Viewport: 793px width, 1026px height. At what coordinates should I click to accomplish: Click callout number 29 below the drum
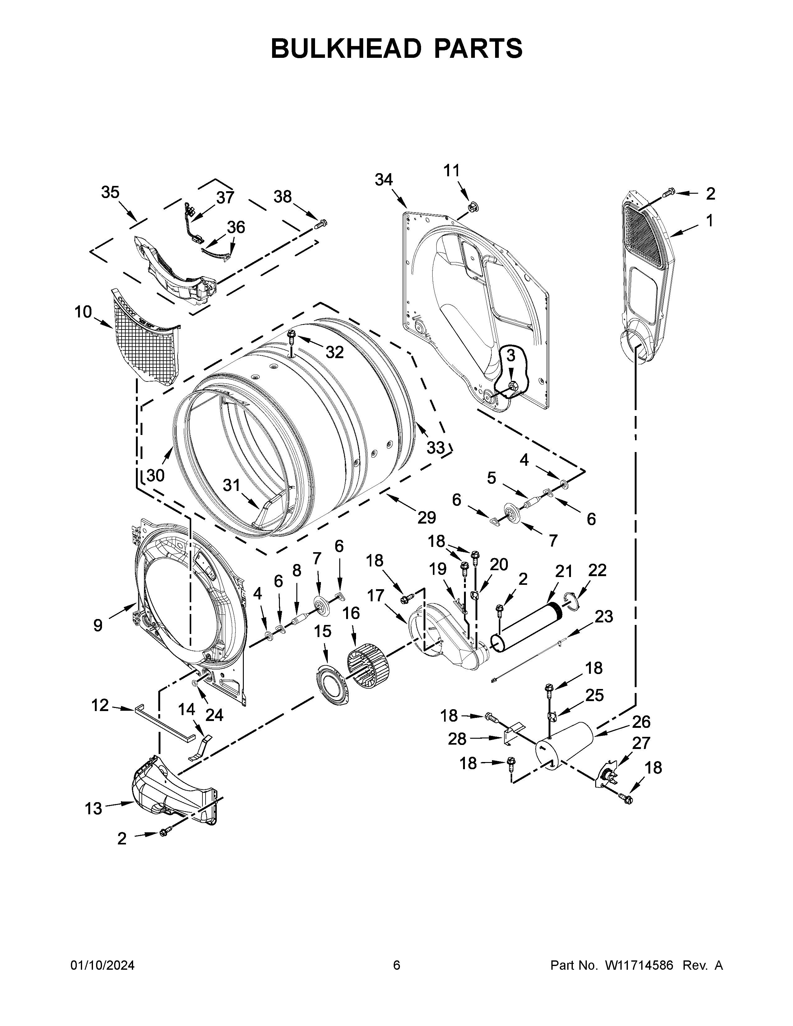(x=427, y=517)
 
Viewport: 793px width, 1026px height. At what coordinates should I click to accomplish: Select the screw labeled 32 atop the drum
(x=292, y=335)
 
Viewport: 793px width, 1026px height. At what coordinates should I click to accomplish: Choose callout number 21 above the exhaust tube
(x=564, y=571)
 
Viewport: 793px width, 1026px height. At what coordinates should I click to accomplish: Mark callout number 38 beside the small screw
(x=282, y=196)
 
